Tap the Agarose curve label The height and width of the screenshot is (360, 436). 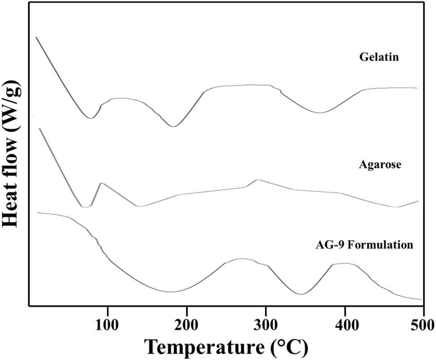380,165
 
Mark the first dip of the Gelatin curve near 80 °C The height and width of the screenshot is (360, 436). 91,118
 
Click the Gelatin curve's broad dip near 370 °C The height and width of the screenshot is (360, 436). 319,113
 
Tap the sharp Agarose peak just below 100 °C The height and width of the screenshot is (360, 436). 102,183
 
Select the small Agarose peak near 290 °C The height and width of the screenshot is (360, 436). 257,180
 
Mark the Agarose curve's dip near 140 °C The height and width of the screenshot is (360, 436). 139,206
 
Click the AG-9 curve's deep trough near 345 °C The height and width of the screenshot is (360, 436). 301,294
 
